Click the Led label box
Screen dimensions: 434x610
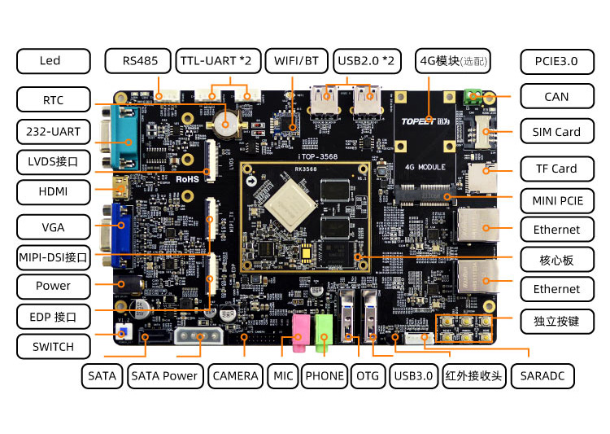(50, 60)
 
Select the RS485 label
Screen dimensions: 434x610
(139, 60)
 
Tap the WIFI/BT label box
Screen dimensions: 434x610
(296, 60)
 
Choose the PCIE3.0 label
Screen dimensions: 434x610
(556, 60)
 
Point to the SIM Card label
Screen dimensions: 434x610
(556, 132)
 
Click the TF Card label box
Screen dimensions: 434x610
(556, 169)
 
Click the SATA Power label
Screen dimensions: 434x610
(164, 375)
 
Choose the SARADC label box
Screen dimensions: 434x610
(542, 375)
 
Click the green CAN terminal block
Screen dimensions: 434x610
(473, 96)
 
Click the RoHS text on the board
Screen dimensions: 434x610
(188, 178)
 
